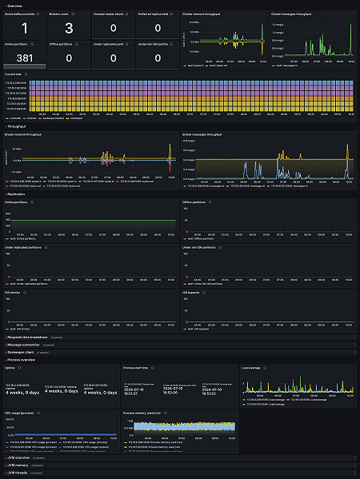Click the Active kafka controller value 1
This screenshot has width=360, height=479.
point(24,30)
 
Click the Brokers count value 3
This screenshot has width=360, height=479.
point(69,30)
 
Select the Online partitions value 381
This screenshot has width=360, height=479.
point(24,58)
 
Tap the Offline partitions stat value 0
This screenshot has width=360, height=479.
point(69,58)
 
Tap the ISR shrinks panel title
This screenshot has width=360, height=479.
point(15,292)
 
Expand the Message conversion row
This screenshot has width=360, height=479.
point(26,345)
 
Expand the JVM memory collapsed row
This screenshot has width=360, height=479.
point(20,465)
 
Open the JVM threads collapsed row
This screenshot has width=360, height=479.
point(20,473)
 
